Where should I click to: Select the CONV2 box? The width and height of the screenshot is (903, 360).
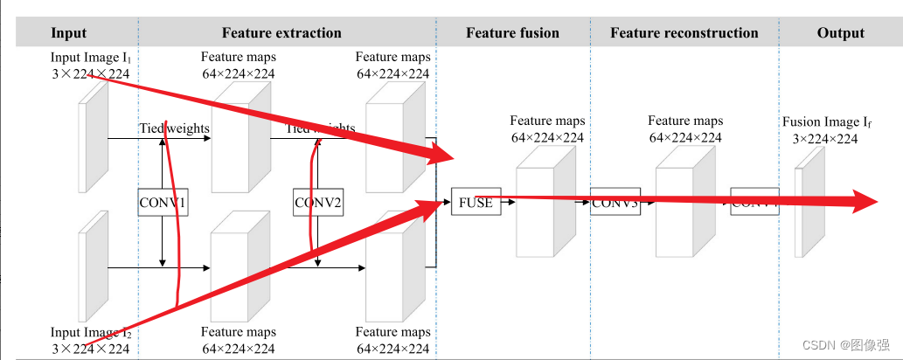[317, 203]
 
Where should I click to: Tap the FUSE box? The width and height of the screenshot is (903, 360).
[476, 203]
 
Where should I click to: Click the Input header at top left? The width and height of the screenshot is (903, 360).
[69, 33]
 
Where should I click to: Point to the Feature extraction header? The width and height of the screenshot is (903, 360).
[281, 33]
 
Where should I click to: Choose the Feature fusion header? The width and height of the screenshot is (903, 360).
[512, 33]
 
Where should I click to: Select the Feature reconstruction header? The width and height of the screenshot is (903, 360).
[684, 33]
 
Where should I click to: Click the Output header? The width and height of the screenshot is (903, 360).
[840, 33]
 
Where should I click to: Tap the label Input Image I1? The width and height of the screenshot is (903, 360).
[91, 58]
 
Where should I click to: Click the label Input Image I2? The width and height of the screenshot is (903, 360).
[91, 333]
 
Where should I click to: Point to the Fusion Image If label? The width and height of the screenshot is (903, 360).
[826, 122]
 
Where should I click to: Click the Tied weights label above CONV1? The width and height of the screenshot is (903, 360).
[174, 128]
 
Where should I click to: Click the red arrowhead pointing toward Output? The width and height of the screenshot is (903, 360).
[865, 201]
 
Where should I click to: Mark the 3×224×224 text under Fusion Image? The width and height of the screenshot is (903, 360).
[825, 138]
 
